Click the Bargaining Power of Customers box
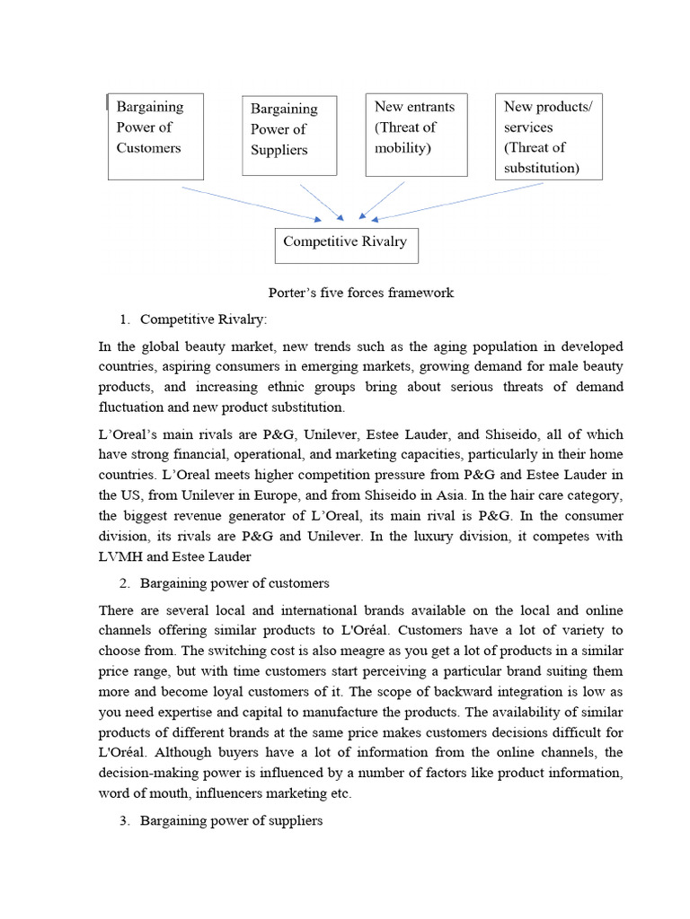[155, 136]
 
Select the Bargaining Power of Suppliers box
[288, 136]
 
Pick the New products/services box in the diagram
[548, 136]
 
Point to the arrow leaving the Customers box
[252, 204]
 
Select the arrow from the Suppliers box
[321, 202]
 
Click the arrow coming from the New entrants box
[382, 199]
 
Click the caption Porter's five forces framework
[361, 293]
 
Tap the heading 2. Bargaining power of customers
[234, 583]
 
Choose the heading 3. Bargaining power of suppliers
[231, 820]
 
